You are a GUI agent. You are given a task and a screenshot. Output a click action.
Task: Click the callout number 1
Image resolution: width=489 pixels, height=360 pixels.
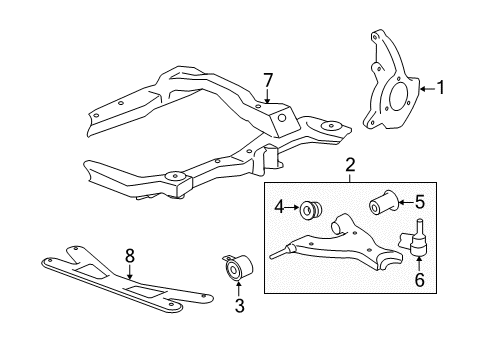(441, 88)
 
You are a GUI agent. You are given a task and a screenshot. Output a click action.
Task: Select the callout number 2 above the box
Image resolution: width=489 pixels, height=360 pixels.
(350, 165)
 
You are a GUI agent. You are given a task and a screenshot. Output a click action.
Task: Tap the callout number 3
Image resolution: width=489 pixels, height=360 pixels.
(239, 306)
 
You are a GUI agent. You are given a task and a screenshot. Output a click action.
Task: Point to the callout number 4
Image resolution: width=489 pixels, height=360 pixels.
(279, 207)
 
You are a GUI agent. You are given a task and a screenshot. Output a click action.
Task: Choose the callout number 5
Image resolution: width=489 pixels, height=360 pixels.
(420, 202)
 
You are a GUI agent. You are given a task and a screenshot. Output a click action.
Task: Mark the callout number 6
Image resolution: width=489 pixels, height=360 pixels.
(419, 280)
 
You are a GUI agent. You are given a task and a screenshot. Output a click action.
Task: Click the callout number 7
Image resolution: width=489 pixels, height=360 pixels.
(268, 80)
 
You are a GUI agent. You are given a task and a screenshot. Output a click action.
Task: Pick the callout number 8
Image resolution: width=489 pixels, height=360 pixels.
(130, 256)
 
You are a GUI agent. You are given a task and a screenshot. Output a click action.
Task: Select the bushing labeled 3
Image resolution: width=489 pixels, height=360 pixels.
(238, 268)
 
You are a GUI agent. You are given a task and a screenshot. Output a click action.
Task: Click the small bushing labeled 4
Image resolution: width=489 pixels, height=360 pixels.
(311, 210)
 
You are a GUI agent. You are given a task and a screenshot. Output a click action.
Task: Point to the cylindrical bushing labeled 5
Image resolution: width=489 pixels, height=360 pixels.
(383, 202)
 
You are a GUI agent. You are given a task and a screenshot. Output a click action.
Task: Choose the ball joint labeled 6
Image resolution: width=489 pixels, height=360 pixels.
(414, 239)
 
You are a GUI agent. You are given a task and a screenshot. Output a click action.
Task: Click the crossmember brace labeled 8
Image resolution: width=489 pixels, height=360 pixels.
(127, 279)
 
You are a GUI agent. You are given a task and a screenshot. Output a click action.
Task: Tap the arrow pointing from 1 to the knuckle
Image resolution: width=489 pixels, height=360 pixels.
(428, 89)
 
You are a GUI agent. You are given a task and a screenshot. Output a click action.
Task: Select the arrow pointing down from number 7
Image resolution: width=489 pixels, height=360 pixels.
(267, 95)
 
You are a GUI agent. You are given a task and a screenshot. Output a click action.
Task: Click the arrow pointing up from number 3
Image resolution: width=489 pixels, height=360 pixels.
(239, 289)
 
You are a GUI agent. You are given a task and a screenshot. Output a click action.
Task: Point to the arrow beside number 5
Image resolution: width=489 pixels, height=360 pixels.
(406, 202)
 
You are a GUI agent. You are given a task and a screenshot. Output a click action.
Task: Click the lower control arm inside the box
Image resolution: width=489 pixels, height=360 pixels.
(337, 247)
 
